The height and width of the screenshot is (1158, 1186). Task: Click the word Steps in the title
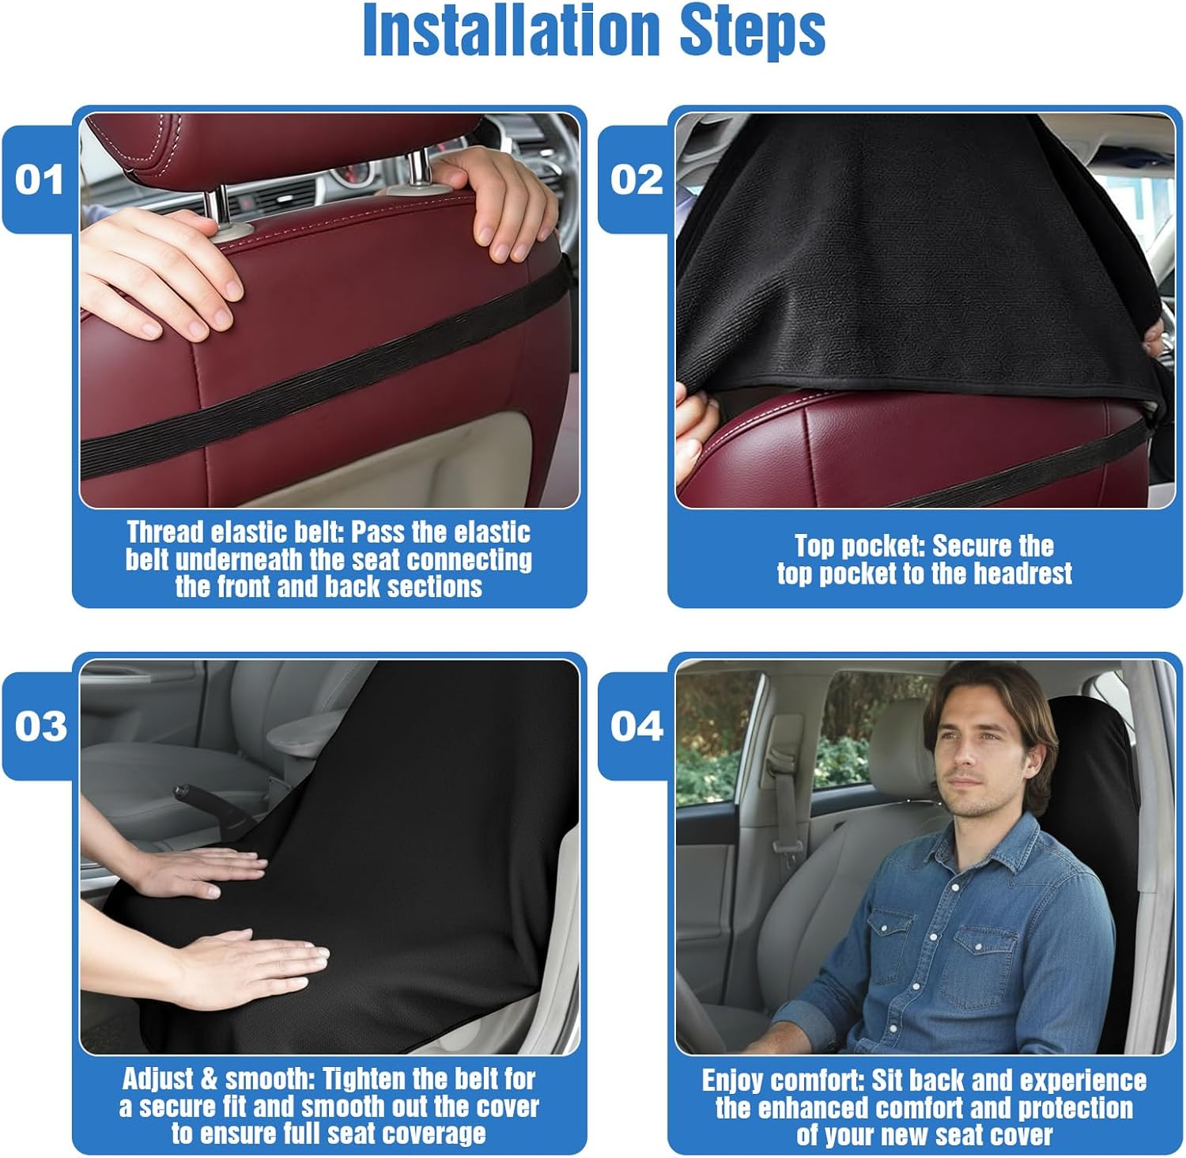pyautogui.click(x=752, y=32)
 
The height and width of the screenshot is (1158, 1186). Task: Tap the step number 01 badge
pyautogui.click(x=40, y=180)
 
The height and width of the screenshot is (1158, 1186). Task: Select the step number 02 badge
pyautogui.click(x=636, y=180)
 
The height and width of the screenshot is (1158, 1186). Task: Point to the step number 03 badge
pyautogui.click(x=40, y=726)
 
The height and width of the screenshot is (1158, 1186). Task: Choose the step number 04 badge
pyautogui.click(x=636, y=726)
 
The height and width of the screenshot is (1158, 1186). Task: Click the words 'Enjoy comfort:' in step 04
pyautogui.click(x=784, y=1080)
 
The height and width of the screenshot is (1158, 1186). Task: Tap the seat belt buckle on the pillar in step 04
pyautogui.click(x=782, y=846)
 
